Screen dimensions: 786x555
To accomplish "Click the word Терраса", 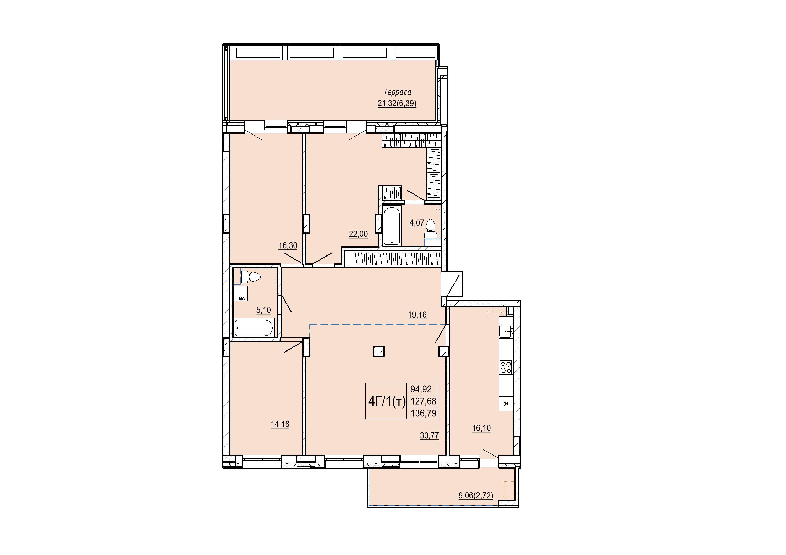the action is coord(398,92).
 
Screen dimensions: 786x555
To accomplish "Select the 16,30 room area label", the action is coord(288,245).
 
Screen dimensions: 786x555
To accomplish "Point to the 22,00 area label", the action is coord(358,234).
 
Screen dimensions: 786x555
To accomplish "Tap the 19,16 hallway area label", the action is coord(417,315).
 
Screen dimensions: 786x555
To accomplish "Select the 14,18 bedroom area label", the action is coord(280,424).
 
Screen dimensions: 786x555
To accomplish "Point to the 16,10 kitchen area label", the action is coord(481,428).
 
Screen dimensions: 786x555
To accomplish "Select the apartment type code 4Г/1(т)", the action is coord(386,401).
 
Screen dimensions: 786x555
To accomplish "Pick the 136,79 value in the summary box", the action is coord(424,413).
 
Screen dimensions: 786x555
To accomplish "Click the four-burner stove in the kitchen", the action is coord(506,367).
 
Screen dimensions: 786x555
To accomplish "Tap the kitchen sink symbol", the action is coord(506,331).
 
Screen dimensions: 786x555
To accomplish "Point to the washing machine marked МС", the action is coord(240,293).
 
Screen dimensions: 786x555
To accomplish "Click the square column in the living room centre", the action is coord(379,351).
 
